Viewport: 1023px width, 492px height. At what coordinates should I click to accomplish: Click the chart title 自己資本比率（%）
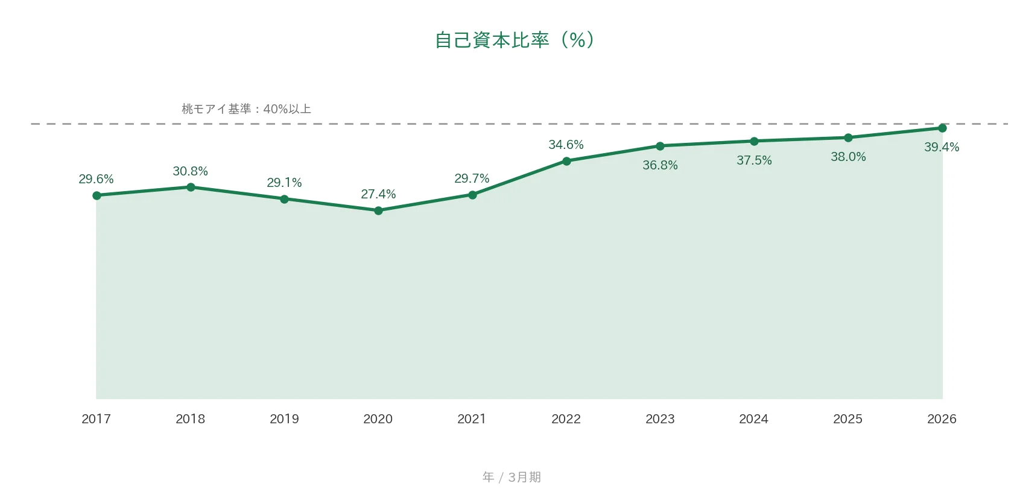click(515, 40)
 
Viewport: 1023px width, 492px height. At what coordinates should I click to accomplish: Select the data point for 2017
click(97, 195)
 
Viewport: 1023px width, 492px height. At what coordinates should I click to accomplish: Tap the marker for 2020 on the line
click(378, 210)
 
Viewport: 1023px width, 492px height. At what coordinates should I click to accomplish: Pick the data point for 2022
click(566, 161)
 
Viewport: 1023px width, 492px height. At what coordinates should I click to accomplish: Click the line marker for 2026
click(942, 128)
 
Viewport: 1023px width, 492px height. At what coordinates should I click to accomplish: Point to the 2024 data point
click(754, 142)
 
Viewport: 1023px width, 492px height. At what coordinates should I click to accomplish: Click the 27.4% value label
click(378, 194)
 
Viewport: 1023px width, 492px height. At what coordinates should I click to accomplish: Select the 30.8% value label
click(190, 171)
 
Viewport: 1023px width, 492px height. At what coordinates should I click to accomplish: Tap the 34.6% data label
click(566, 145)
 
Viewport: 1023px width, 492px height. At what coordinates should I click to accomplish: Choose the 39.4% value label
click(942, 147)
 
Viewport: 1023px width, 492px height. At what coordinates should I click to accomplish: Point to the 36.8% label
click(660, 165)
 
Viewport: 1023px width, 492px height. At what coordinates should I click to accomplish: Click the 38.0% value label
click(848, 157)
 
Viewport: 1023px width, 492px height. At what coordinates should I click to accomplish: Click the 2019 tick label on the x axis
click(284, 419)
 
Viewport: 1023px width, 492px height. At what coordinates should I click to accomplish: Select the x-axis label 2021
click(472, 419)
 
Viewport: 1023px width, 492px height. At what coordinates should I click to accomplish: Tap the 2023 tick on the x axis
click(660, 419)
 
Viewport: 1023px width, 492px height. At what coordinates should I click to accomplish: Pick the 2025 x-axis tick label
click(847, 419)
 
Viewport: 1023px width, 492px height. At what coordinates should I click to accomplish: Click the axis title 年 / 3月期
click(511, 477)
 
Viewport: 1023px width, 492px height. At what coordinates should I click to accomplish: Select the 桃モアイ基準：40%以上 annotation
click(246, 109)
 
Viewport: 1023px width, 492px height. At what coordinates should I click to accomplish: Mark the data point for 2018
click(191, 187)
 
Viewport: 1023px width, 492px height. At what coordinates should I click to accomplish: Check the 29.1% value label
click(284, 183)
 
